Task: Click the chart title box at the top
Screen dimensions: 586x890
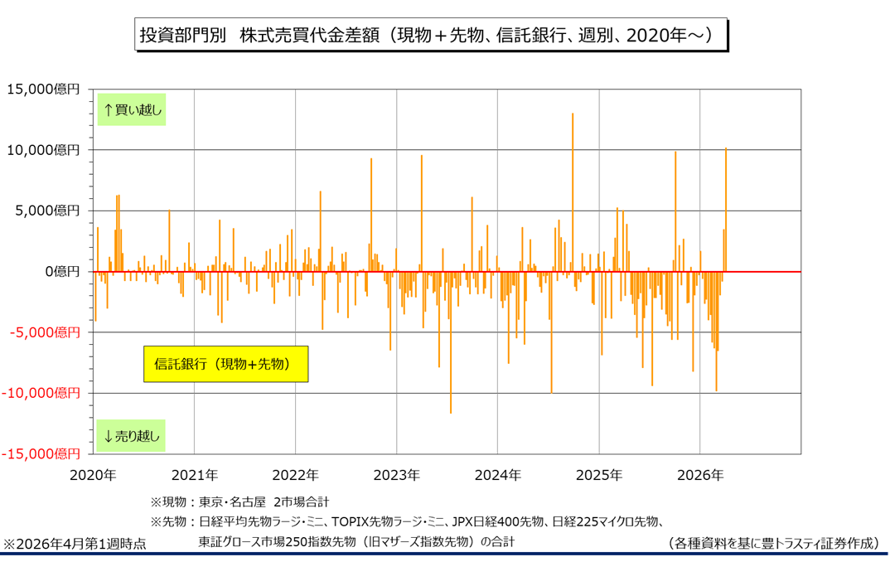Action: (x=431, y=36)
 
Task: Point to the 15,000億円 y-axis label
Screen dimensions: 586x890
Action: (x=43, y=90)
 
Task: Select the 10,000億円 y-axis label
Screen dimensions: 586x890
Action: (x=43, y=150)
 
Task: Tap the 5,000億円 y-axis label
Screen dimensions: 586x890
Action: (x=46, y=211)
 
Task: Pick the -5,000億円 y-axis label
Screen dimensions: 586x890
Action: (x=44, y=332)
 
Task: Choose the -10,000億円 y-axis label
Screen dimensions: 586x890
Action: (x=41, y=393)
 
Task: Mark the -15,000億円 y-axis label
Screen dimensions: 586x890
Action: (x=41, y=453)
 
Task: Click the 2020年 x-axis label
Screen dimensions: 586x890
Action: (x=93, y=476)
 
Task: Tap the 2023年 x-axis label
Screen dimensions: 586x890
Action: (x=396, y=476)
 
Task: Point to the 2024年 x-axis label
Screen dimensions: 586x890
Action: (x=497, y=476)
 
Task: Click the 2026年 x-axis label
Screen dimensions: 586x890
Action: (x=700, y=476)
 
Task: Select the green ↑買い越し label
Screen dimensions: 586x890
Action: (x=132, y=109)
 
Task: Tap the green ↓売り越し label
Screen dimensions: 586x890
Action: (x=132, y=435)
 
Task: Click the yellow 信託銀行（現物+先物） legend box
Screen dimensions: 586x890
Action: (x=225, y=364)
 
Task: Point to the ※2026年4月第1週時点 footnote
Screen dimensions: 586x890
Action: (x=75, y=545)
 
